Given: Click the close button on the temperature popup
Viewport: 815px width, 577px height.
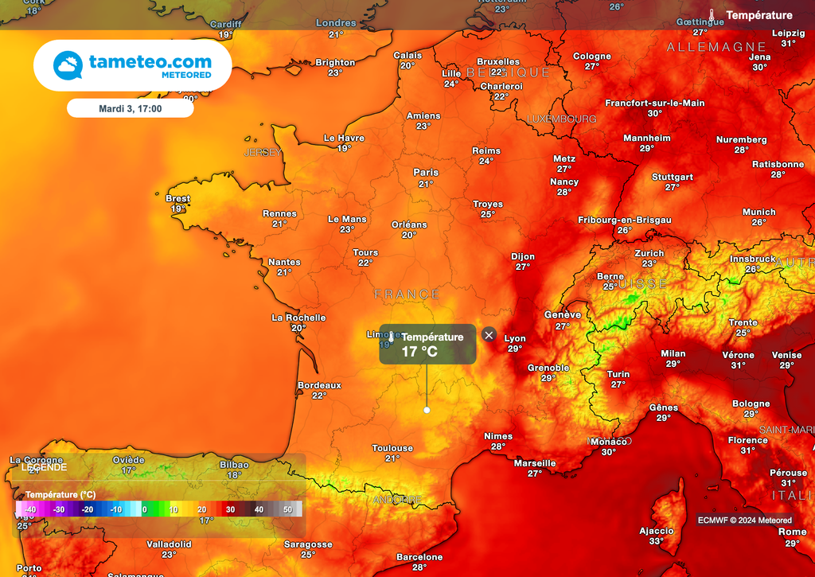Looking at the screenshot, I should tap(489, 335).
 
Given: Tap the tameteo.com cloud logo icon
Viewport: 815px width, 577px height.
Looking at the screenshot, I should tap(68, 65).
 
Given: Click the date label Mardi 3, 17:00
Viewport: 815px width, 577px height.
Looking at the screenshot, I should tap(130, 108).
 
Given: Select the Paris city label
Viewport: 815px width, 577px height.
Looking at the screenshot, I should tap(426, 173).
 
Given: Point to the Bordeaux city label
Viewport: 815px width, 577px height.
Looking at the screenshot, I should tap(319, 385).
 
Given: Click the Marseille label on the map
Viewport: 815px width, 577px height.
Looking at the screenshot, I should tap(535, 463).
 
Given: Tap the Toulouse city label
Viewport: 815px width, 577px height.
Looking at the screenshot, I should tap(392, 449).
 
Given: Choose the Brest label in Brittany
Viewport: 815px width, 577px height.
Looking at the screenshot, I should tap(177, 199).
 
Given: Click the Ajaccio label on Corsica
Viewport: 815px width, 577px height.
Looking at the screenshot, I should tap(657, 531).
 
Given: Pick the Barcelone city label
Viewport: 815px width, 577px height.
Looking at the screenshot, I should tap(419, 557).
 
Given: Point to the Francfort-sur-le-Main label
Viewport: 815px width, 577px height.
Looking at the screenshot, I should tap(655, 103).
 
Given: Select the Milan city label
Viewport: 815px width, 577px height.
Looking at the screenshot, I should tap(673, 354).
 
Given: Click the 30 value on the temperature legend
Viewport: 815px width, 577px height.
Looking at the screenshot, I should tap(230, 509).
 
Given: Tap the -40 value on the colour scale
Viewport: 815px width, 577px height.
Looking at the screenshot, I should tap(30, 509).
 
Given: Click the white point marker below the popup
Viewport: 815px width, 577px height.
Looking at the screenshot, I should tap(427, 410).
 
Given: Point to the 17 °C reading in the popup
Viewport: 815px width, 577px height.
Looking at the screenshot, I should tap(419, 352).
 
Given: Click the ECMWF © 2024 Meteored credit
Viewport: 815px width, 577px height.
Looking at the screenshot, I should tap(745, 520).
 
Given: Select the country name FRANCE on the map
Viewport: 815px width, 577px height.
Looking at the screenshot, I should tap(407, 294).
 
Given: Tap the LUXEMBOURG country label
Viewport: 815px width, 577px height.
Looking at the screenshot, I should tap(561, 119).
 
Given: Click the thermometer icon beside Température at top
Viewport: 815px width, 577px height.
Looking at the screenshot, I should tap(712, 15).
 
